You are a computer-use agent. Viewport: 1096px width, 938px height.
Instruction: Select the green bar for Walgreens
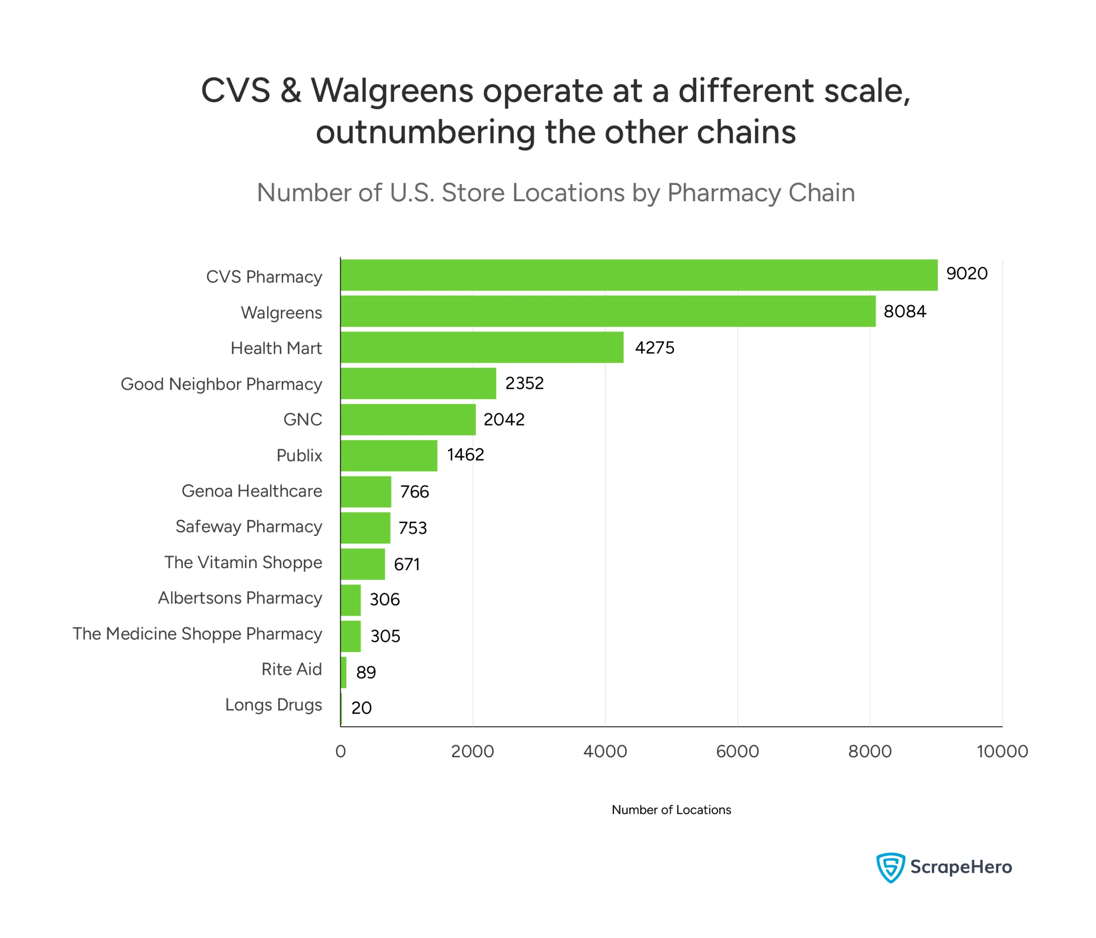608,311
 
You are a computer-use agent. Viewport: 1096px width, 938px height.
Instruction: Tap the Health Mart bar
482,347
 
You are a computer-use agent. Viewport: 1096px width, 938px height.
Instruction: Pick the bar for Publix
389,456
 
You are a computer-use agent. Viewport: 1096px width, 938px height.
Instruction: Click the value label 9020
966,274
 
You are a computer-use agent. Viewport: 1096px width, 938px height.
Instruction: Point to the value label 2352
524,383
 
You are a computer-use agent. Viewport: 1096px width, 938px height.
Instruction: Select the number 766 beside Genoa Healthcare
414,492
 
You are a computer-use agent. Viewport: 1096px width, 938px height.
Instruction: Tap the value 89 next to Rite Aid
366,673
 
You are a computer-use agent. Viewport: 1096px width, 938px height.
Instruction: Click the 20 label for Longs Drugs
361,708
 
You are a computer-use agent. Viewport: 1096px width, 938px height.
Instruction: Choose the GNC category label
303,420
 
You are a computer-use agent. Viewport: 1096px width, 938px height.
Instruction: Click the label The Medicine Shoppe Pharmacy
197,634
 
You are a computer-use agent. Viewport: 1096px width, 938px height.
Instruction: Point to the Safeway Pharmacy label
249,527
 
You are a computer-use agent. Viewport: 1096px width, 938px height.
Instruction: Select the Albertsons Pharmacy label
240,598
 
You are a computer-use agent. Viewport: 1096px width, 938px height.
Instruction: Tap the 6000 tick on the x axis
737,751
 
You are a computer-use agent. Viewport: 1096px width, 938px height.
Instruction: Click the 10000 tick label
1002,751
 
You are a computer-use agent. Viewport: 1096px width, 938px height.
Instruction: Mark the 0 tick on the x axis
341,751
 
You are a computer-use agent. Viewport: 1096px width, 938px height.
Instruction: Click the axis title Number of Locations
671,810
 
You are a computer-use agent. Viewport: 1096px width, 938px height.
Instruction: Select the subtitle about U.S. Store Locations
555,193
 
